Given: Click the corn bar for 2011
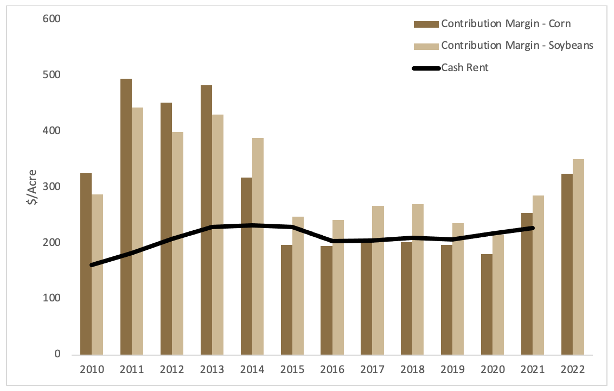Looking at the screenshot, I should (126, 217).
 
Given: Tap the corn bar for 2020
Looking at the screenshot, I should (487, 304).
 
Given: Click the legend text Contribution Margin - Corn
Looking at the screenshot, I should (506, 24).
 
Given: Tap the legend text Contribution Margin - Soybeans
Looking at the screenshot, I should (517, 46).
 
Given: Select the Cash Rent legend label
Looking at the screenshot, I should (465, 68).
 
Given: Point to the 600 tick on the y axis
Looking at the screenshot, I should (52, 19).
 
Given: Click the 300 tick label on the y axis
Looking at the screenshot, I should (52, 187).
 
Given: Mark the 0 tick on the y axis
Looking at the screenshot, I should (56, 355).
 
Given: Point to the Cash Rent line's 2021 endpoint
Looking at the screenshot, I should (533, 228).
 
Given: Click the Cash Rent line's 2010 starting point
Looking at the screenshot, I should (92, 265).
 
